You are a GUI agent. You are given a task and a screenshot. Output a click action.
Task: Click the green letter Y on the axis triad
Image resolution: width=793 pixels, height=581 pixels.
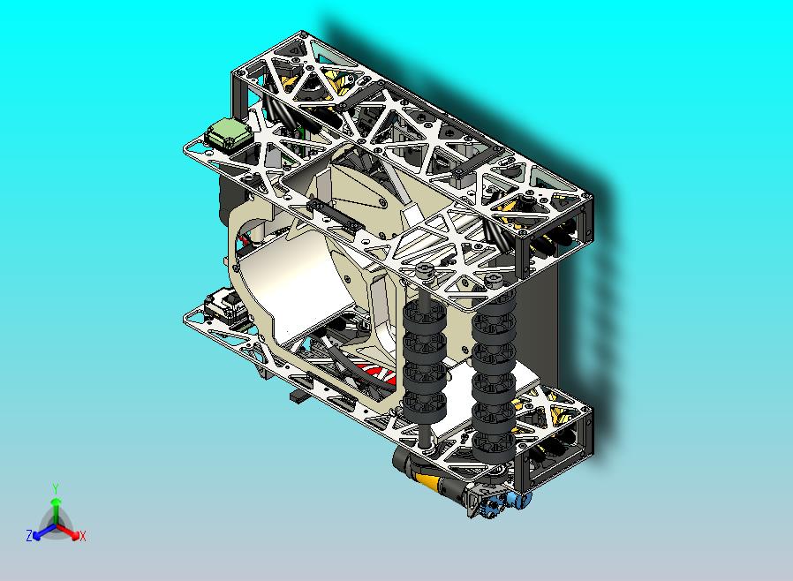point(56,488)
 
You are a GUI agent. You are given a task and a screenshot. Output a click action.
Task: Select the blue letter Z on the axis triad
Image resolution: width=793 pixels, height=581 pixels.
point(29,535)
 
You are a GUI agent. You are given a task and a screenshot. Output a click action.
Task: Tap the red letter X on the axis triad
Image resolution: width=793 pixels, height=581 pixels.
point(82,536)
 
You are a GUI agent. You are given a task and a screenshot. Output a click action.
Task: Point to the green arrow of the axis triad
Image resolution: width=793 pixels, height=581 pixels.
point(56,508)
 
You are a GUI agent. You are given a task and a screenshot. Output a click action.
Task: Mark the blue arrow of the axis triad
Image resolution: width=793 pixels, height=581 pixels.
point(41,532)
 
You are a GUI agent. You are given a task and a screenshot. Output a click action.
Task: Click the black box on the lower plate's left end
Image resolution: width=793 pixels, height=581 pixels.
point(227,306)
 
